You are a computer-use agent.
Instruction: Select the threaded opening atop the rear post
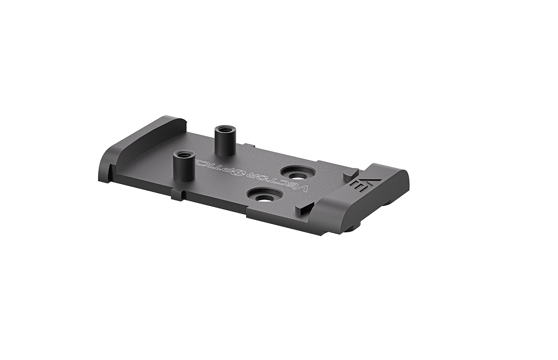224,129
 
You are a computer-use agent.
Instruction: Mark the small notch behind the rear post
250,146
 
